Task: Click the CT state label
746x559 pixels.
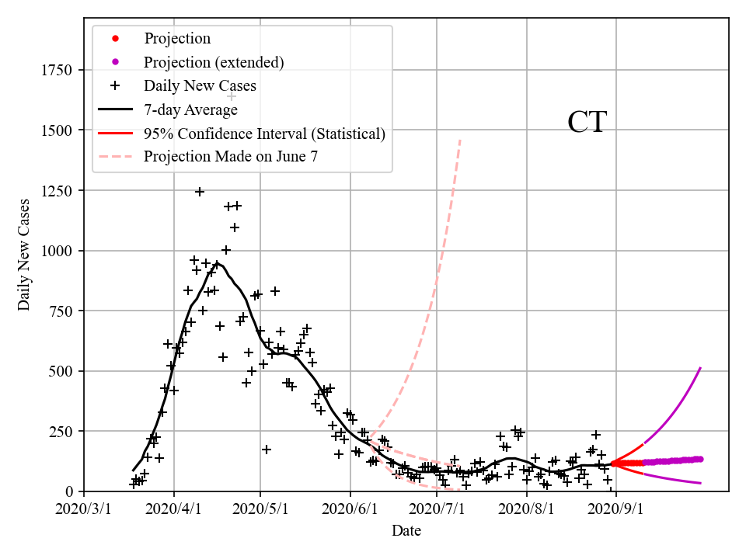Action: point(587,123)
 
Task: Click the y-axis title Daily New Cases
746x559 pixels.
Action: point(24,255)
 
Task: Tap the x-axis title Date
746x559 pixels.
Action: point(406,531)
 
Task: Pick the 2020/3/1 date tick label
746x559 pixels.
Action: point(84,510)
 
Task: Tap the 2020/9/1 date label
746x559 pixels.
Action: point(617,510)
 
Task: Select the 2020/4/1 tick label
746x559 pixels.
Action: point(174,510)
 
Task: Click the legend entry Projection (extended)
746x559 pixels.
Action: point(214,62)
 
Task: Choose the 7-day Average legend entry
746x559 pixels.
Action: point(190,109)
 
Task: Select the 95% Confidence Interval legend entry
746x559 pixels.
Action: point(264,134)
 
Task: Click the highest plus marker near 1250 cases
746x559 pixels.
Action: point(200,192)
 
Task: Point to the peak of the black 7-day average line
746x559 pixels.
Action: point(218,263)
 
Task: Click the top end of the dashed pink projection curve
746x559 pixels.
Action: point(461,140)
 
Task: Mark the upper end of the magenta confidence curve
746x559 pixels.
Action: point(701,368)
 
